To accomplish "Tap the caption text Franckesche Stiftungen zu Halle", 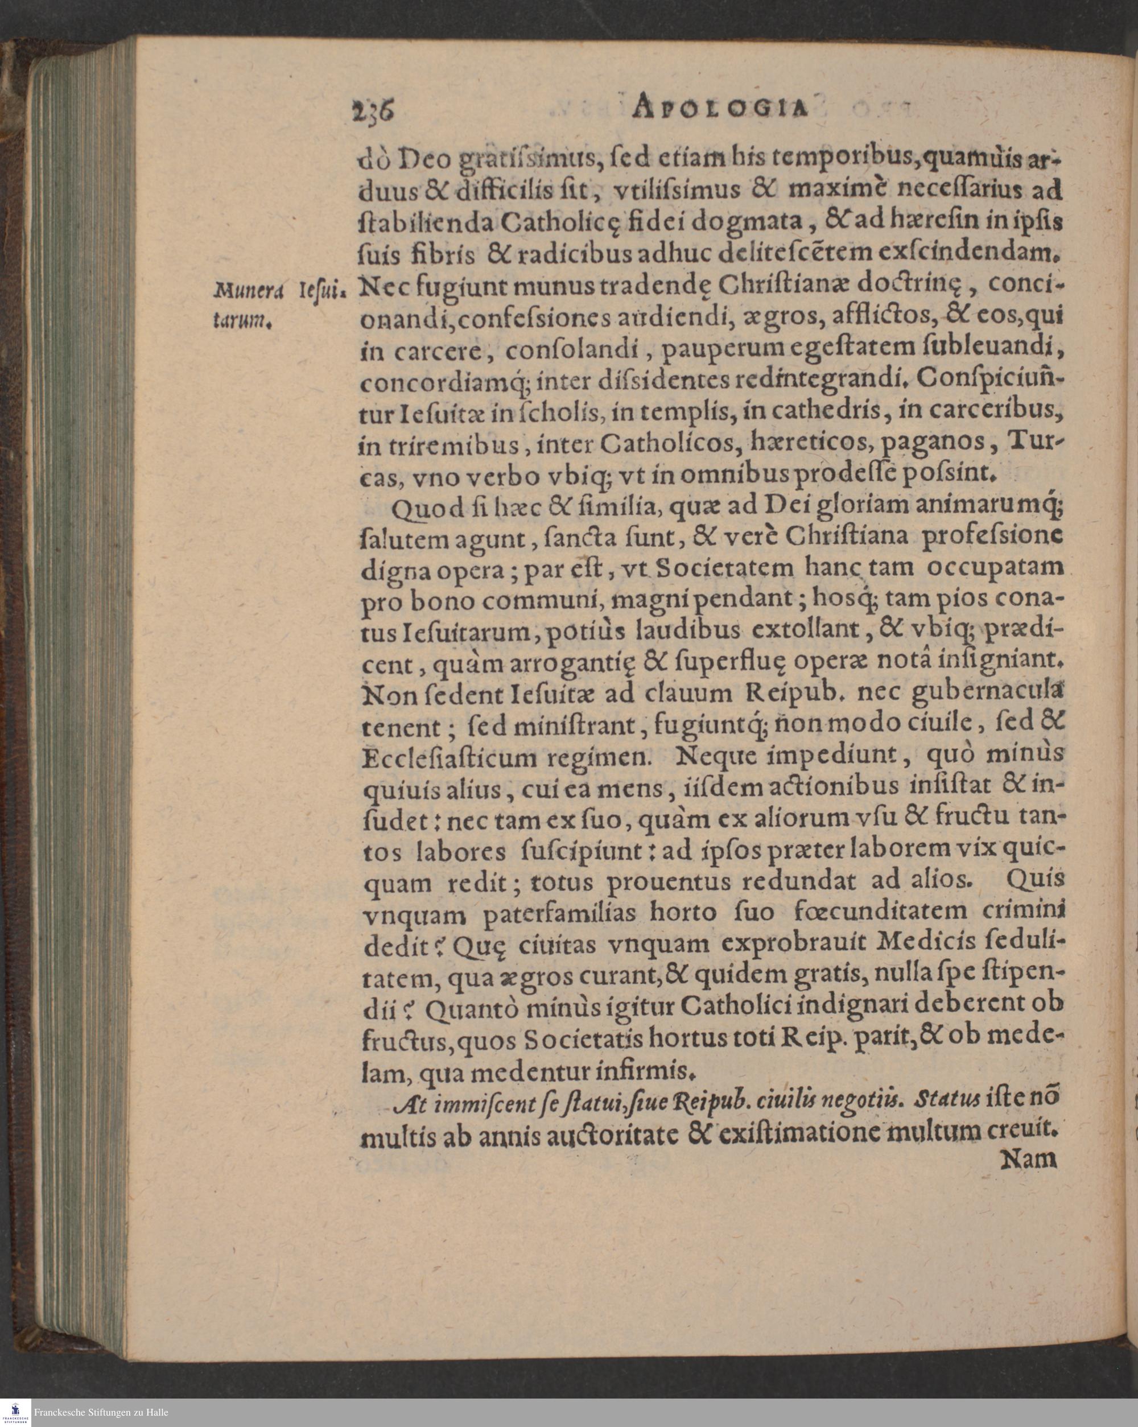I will (x=101, y=1412).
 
